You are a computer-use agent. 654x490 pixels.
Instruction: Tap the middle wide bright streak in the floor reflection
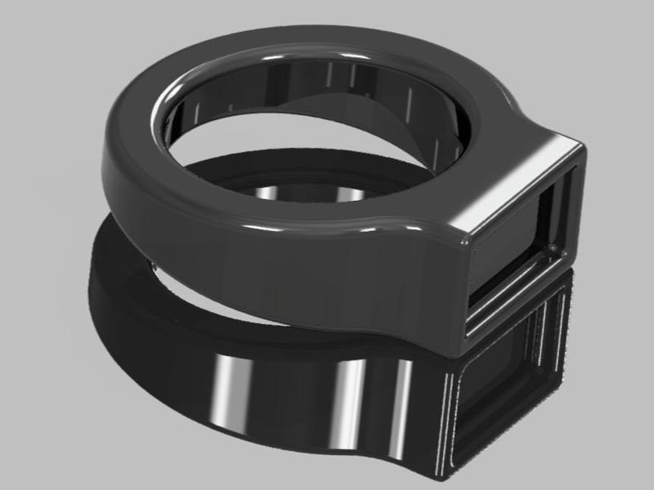click(344, 400)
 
